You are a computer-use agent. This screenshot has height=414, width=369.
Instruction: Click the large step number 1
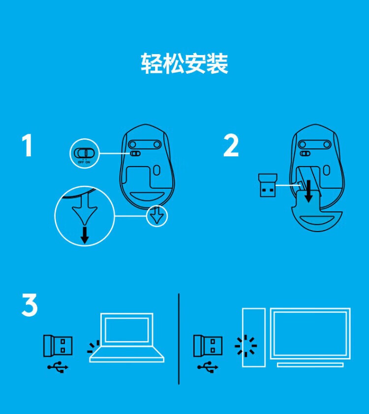click(x=27, y=145)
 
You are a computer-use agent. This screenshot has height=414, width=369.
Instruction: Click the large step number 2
click(x=231, y=145)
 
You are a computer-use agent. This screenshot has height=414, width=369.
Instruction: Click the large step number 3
click(x=30, y=305)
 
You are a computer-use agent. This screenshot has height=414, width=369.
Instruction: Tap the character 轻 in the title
click(x=152, y=63)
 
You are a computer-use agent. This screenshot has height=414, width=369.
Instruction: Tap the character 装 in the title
click(x=217, y=63)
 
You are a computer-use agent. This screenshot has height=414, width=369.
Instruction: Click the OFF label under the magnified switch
click(x=81, y=162)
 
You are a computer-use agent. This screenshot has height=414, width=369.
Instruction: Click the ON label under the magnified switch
click(x=88, y=162)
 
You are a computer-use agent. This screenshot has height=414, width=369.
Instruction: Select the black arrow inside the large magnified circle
click(x=85, y=235)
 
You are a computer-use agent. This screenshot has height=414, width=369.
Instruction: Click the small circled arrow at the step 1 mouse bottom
click(x=157, y=216)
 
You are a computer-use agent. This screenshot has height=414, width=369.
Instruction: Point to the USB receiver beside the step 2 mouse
click(x=268, y=185)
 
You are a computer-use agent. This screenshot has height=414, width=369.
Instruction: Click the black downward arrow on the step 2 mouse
click(x=308, y=191)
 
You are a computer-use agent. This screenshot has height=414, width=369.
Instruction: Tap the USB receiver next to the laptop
click(x=58, y=346)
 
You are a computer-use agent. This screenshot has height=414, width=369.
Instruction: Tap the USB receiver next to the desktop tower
click(x=208, y=346)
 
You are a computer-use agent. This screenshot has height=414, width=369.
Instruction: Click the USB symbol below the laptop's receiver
click(x=58, y=367)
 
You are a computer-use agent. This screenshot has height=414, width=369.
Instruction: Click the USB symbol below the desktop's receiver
click(x=208, y=367)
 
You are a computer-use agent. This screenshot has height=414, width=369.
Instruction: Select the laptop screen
click(x=127, y=330)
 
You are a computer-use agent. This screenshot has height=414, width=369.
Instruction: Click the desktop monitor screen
click(x=310, y=333)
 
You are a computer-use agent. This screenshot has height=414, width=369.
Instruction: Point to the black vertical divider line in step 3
click(x=179, y=339)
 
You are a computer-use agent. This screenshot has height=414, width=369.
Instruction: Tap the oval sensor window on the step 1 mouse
click(x=156, y=170)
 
